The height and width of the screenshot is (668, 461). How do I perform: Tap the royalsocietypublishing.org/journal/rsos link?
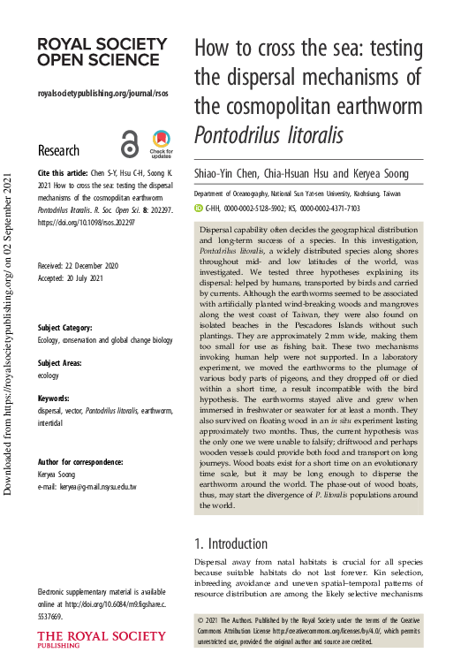103,93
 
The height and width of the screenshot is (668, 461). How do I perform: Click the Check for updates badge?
162,143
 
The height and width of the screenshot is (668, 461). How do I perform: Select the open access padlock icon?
130,146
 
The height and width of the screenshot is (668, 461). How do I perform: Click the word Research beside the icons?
59,150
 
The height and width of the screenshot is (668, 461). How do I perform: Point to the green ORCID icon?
199,209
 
